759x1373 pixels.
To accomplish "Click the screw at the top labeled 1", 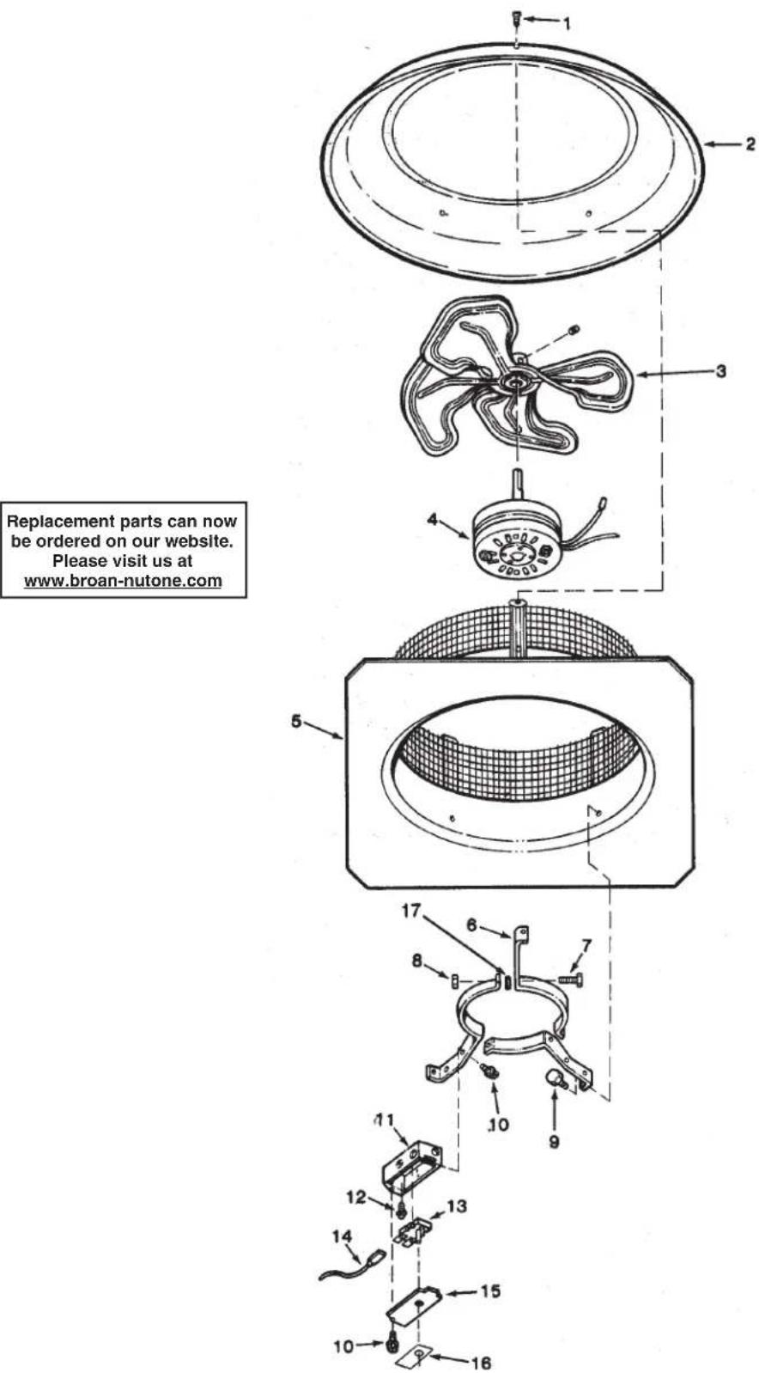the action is click(x=516, y=20).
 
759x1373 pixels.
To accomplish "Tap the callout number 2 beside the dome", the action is click(x=750, y=144).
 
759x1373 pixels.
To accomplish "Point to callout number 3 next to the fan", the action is click(x=721, y=371).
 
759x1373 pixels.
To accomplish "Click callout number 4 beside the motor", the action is click(x=433, y=519).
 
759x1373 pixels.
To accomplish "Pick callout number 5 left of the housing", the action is click(x=296, y=722).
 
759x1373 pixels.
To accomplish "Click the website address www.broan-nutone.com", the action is click(x=123, y=581).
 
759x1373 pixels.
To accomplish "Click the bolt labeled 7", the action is click(x=570, y=981).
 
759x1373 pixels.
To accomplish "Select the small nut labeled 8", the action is click(x=455, y=980).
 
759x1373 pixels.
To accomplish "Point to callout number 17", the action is click(x=410, y=911).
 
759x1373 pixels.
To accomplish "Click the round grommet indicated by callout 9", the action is click(x=555, y=1077).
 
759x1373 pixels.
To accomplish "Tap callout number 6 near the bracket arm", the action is click(x=471, y=924).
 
